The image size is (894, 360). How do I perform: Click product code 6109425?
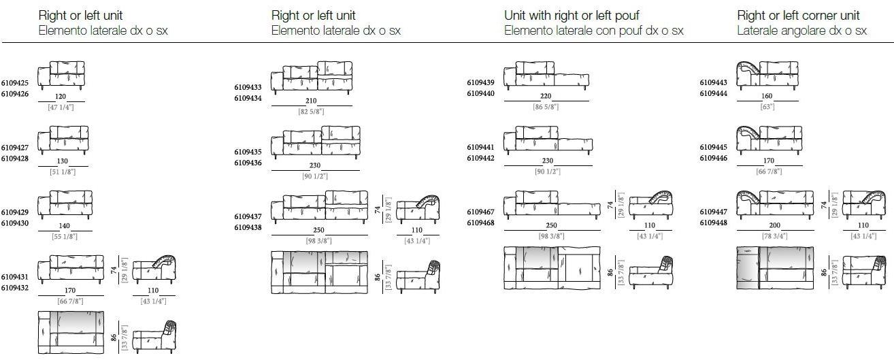click(15, 83)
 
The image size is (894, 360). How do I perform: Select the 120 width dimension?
click(61, 97)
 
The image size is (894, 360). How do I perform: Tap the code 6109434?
click(248, 98)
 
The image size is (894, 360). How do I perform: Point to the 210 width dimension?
click(311, 101)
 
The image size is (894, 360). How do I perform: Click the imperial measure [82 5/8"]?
click(312, 112)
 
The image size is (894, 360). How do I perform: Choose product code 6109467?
click(480, 212)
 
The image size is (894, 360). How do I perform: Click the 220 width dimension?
click(546, 96)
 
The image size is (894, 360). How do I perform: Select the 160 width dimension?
click(767, 96)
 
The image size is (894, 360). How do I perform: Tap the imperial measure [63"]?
click(767, 107)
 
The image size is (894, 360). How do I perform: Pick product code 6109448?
click(714, 223)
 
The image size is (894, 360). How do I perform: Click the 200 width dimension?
click(775, 225)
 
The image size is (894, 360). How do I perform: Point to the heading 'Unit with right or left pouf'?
click(572, 16)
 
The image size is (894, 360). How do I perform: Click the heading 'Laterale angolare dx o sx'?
click(801, 31)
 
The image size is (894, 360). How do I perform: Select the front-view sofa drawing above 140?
click(65, 205)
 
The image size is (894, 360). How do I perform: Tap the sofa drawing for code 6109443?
click(767, 76)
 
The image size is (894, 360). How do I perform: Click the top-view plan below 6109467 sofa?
click(552, 268)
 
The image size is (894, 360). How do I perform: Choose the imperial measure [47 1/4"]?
click(61, 108)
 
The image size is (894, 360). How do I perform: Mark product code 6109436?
click(248, 163)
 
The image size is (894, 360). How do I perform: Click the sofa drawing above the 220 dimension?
click(546, 76)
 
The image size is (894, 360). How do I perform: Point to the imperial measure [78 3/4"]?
click(775, 236)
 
